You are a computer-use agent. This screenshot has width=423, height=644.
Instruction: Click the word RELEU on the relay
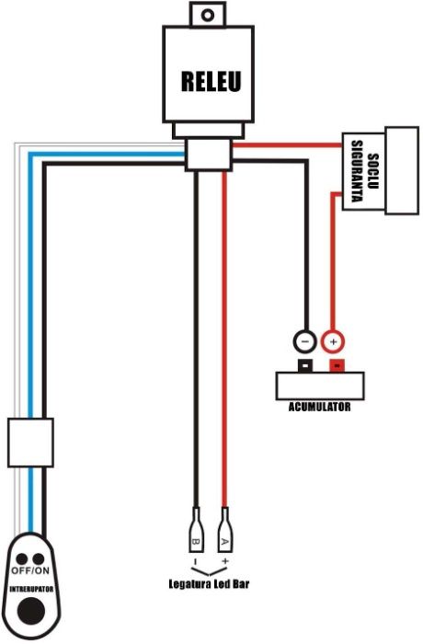[211, 82]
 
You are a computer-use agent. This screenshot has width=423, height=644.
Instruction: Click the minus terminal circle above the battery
[304, 340]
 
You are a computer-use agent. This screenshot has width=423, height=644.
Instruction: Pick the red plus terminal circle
[334, 341]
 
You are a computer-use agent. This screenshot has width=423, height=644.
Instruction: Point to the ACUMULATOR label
[319, 405]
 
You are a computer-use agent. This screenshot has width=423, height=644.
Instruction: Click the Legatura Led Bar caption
[210, 583]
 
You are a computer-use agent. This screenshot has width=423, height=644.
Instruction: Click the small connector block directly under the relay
[208, 153]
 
